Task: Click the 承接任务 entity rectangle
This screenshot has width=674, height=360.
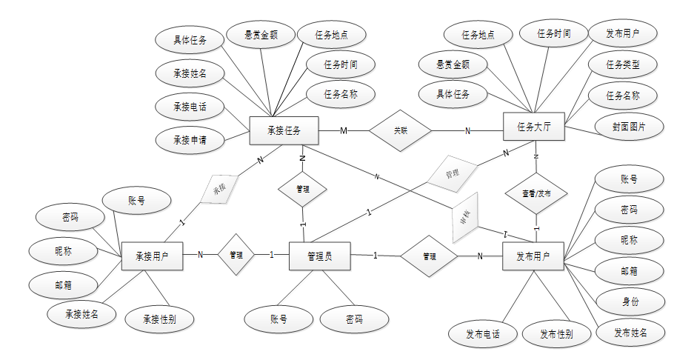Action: (284, 131)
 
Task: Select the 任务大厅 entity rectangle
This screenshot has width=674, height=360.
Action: (535, 128)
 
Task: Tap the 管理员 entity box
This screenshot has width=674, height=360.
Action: (318, 256)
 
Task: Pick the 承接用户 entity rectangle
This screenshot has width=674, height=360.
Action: (152, 256)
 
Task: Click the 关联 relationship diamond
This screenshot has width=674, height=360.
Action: (400, 130)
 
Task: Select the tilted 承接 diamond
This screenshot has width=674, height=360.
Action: (219, 189)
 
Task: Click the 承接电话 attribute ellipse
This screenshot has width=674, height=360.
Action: (190, 106)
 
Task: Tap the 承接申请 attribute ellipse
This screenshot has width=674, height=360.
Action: (190, 139)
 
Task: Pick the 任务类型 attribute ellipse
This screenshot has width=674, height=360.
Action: (622, 64)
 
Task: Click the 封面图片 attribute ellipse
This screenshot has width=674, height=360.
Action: (628, 127)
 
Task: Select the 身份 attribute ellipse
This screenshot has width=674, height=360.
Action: (628, 303)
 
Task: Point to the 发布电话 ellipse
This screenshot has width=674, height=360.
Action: (482, 334)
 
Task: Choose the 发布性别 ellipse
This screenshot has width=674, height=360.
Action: (556, 334)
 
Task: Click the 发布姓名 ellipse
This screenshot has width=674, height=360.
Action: (630, 333)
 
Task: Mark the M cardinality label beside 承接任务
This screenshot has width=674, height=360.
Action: (344, 131)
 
